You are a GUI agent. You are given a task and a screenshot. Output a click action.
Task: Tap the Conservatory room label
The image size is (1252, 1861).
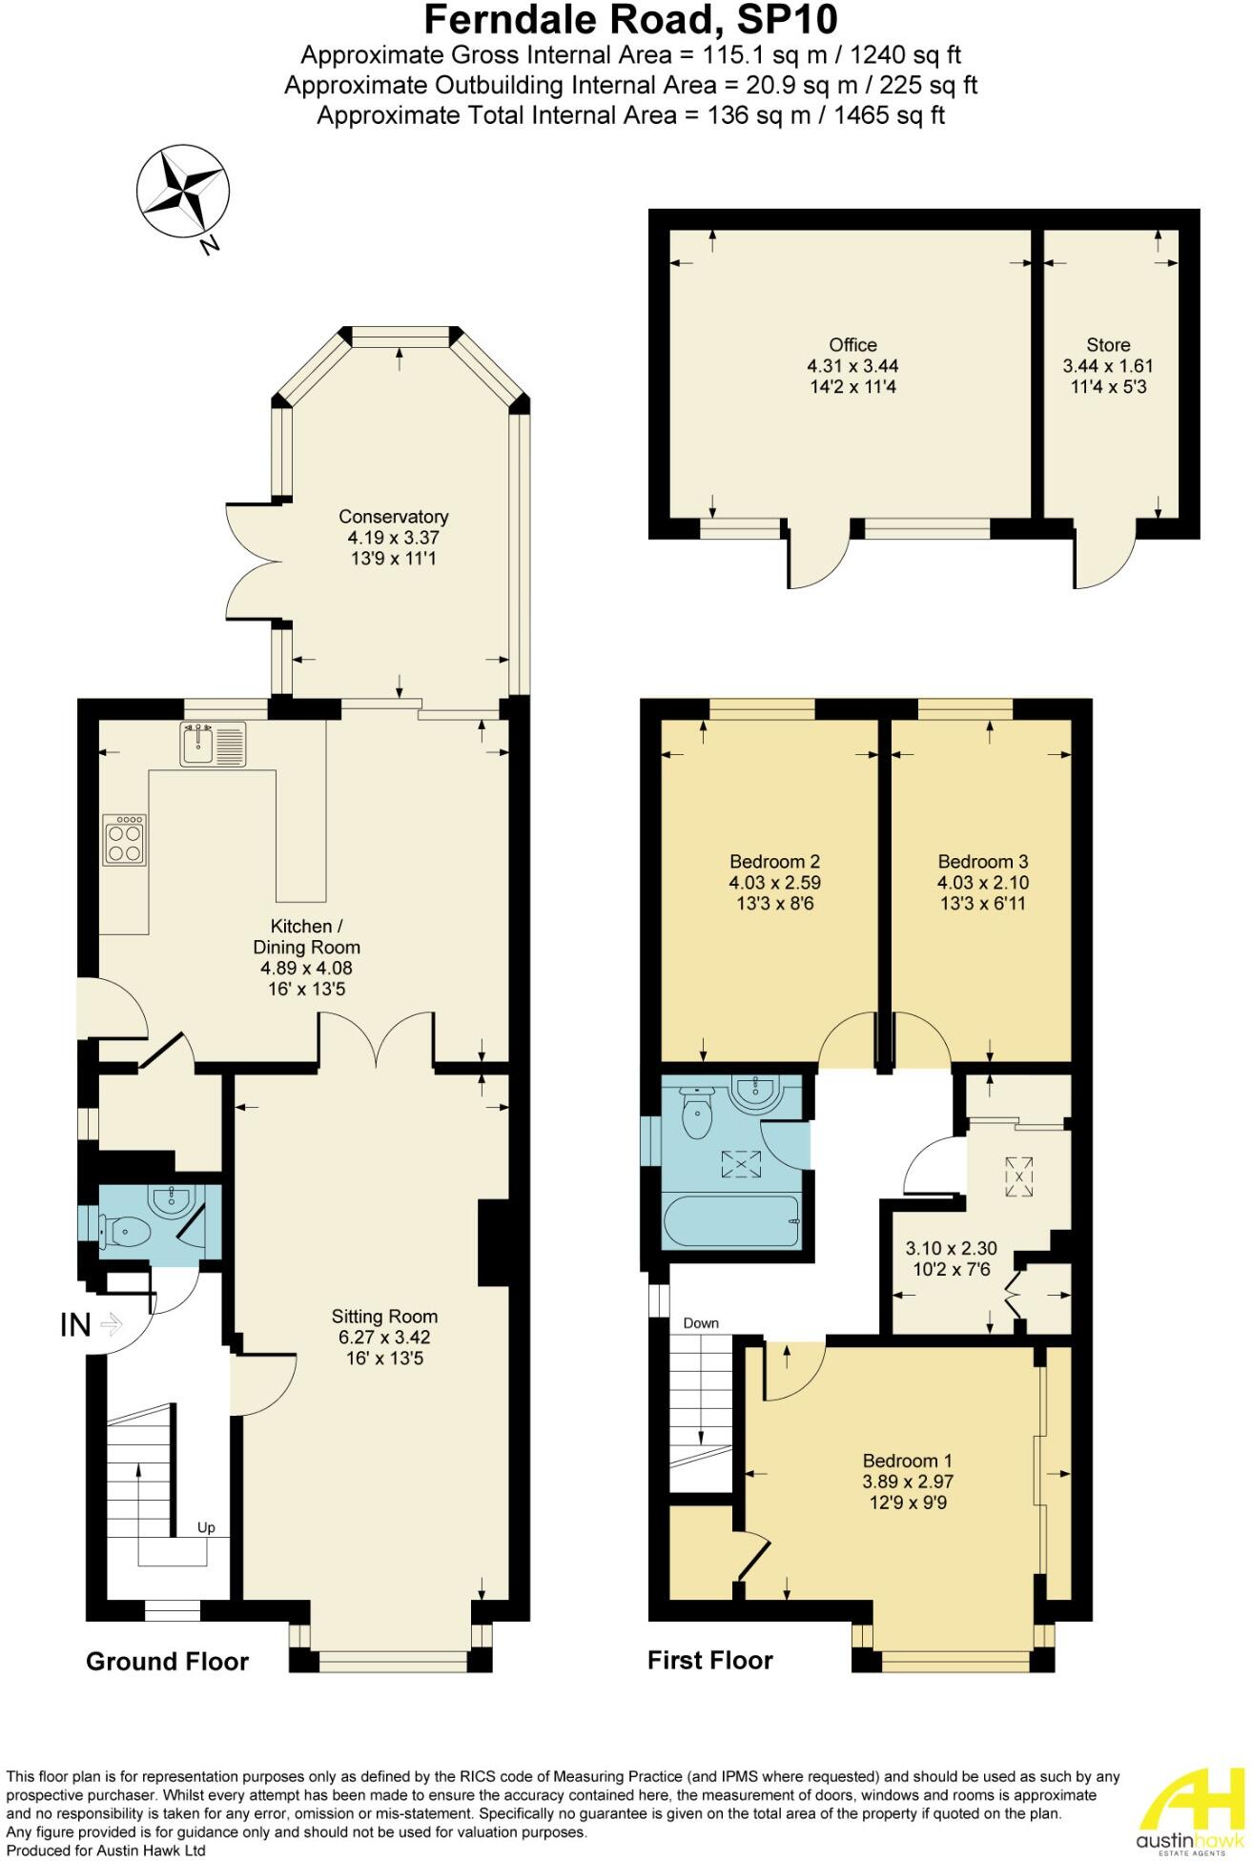point(394,517)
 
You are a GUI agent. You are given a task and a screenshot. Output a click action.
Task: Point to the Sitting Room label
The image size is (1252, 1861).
point(384,1317)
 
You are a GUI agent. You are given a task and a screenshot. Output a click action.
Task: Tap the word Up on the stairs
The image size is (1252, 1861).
point(206,1527)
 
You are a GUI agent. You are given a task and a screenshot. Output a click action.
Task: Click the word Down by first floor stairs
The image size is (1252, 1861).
point(701,1323)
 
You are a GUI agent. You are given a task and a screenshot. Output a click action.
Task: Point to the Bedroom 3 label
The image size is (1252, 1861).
point(983,861)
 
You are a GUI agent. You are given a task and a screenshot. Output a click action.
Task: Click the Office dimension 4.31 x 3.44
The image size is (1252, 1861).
point(852,366)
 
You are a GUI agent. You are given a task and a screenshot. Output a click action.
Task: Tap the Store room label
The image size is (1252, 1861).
point(1108,345)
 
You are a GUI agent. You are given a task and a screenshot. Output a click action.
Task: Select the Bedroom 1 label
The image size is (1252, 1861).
point(908,1461)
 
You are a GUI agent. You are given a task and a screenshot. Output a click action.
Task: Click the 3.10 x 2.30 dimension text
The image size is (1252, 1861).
point(951,1248)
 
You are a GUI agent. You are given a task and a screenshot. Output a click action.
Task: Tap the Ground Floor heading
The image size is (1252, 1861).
point(167,1662)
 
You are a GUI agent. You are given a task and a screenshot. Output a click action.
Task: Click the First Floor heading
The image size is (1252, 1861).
point(710,1661)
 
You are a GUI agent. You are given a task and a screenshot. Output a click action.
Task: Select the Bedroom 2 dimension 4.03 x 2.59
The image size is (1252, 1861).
point(774,883)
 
